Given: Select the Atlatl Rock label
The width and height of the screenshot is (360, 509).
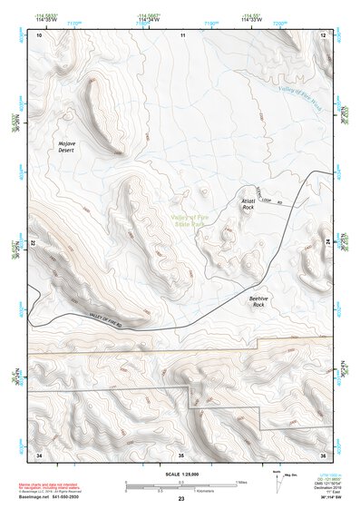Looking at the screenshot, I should [248, 204].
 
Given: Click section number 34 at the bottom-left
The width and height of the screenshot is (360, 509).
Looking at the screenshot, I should [39, 453].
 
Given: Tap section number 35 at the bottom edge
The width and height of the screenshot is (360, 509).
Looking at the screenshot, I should [180, 453].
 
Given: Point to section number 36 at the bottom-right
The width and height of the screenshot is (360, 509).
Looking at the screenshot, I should [323, 453].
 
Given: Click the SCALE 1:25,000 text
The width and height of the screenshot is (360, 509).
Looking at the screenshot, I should [180, 474].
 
